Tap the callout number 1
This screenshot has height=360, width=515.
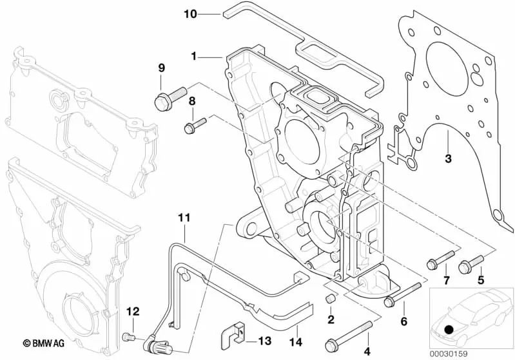(x=193, y=56)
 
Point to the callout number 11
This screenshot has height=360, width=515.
(x=184, y=219)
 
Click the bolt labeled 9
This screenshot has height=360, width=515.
(x=170, y=97)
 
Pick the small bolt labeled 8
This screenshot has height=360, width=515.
(x=194, y=124)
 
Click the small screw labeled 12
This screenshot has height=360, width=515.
(x=128, y=336)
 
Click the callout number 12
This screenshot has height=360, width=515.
(x=132, y=312)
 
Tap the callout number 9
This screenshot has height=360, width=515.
(x=161, y=68)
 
